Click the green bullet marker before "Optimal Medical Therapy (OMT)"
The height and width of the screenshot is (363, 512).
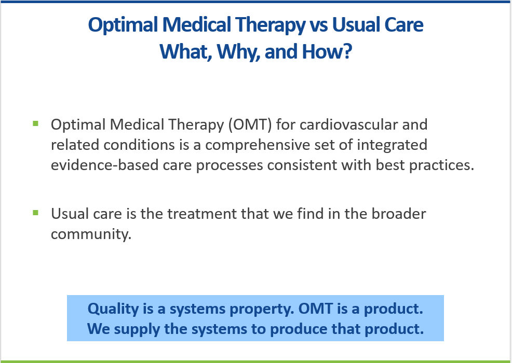36,123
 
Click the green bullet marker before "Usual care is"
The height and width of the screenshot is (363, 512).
36,213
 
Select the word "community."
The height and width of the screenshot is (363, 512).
89,233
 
